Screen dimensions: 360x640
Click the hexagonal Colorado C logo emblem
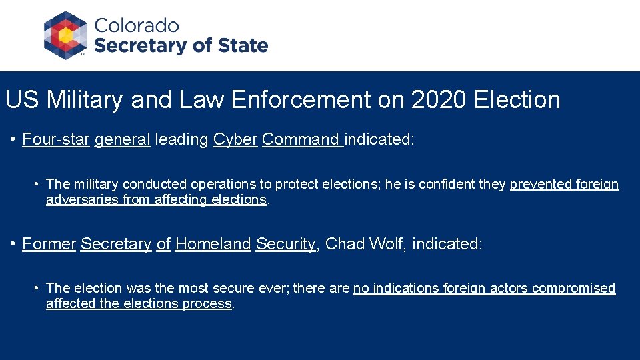pyautogui.click(x=65, y=35)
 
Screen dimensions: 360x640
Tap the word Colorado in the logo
pyautogui.click(x=137, y=26)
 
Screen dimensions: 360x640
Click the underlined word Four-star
pyautogui.click(x=56, y=139)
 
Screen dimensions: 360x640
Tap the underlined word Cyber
pyautogui.click(x=235, y=139)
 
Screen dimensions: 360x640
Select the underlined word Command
pyautogui.click(x=301, y=139)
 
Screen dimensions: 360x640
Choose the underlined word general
pyautogui.click(x=123, y=139)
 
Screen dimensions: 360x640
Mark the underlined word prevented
pyautogui.click(x=541, y=184)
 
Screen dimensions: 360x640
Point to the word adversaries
pyautogui.click(x=81, y=199)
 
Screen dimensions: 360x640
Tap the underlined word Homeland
pyautogui.click(x=213, y=244)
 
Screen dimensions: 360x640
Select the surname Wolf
pyautogui.click(x=386, y=244)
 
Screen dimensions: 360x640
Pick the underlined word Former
pyautogui.click(x=49, y=244)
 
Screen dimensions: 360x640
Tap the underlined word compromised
pyautogui.click(x=573, y=288)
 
